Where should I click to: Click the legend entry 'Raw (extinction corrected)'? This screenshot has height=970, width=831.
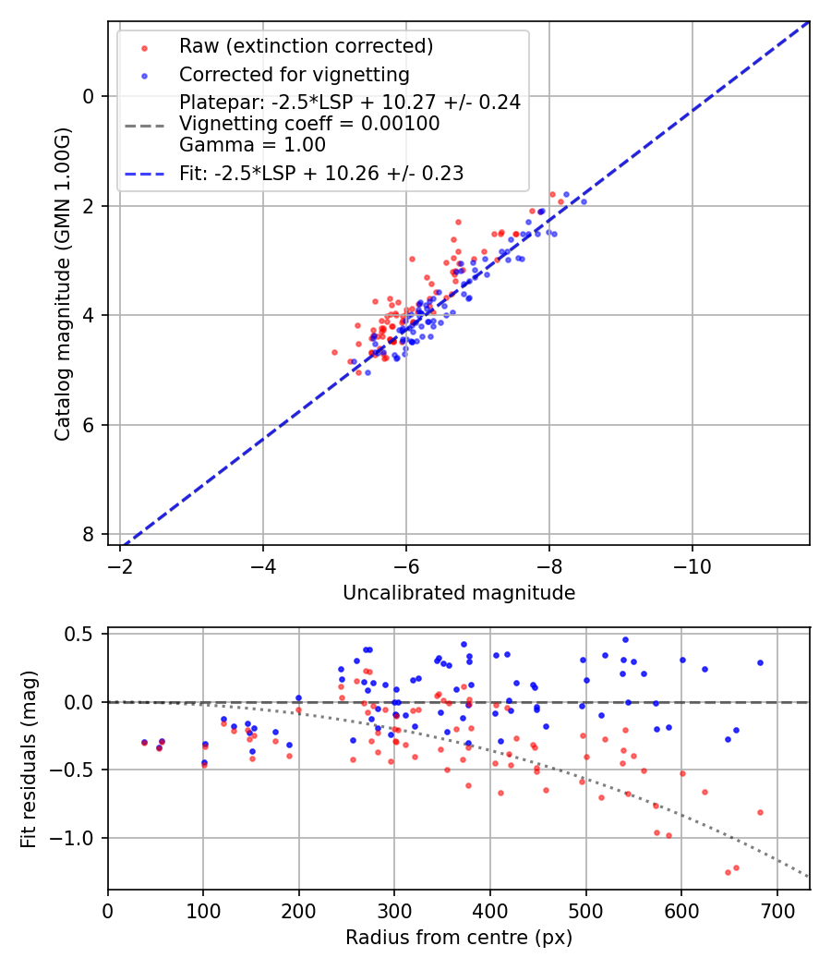(x=306, y=46)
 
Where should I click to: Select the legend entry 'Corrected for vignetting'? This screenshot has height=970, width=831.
(x=294, y=74)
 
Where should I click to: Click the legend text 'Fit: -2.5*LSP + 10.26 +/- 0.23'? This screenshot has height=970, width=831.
(x=321, y=173)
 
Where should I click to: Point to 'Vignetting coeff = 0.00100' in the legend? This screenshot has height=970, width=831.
(x=309, y=124)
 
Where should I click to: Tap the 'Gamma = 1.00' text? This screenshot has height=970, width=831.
(x=252, y=145)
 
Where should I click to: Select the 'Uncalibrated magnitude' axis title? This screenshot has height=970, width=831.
(x=459, y=593)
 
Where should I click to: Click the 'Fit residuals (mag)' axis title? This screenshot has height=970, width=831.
(x=29, y=758)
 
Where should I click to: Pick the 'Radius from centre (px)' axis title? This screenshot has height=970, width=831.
(x=459, y=938)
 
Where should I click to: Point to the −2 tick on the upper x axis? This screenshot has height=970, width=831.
(x=120, y=566)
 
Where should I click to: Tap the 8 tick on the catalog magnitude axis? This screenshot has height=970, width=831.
(x=87, y=534)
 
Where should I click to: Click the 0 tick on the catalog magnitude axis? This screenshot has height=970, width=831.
(x=87, y=96)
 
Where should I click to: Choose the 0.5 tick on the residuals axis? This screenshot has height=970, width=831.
(x=83, y=634)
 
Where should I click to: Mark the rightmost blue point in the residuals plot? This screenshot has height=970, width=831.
(x=760, y=662)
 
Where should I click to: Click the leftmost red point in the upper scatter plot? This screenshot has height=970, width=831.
(x=334, y=352)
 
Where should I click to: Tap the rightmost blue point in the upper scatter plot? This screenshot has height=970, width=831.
(x=583, y=201)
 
